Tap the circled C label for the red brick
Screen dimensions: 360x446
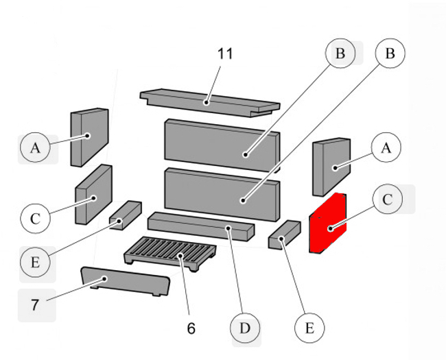(388, 200)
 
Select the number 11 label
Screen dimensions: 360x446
(225, 54)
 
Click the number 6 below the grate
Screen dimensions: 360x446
(191, 328)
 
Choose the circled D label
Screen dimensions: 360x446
(244, 329)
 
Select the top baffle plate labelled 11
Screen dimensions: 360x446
(209, 101)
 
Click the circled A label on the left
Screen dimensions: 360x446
(35, 147)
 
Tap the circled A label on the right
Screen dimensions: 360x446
(385, 147)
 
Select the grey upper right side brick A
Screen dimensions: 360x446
(331, 167)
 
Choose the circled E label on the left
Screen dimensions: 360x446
(35, 262)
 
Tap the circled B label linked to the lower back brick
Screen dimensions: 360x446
(390, 53)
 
